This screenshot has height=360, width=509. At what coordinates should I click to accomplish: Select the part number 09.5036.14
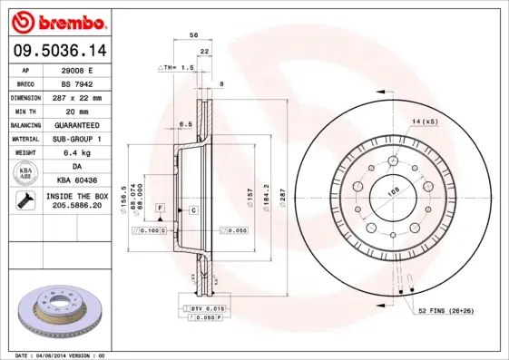point(55,51)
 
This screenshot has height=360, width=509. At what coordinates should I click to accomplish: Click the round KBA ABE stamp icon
point(26,174)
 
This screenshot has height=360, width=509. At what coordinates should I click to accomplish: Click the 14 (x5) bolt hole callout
point(423,122)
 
